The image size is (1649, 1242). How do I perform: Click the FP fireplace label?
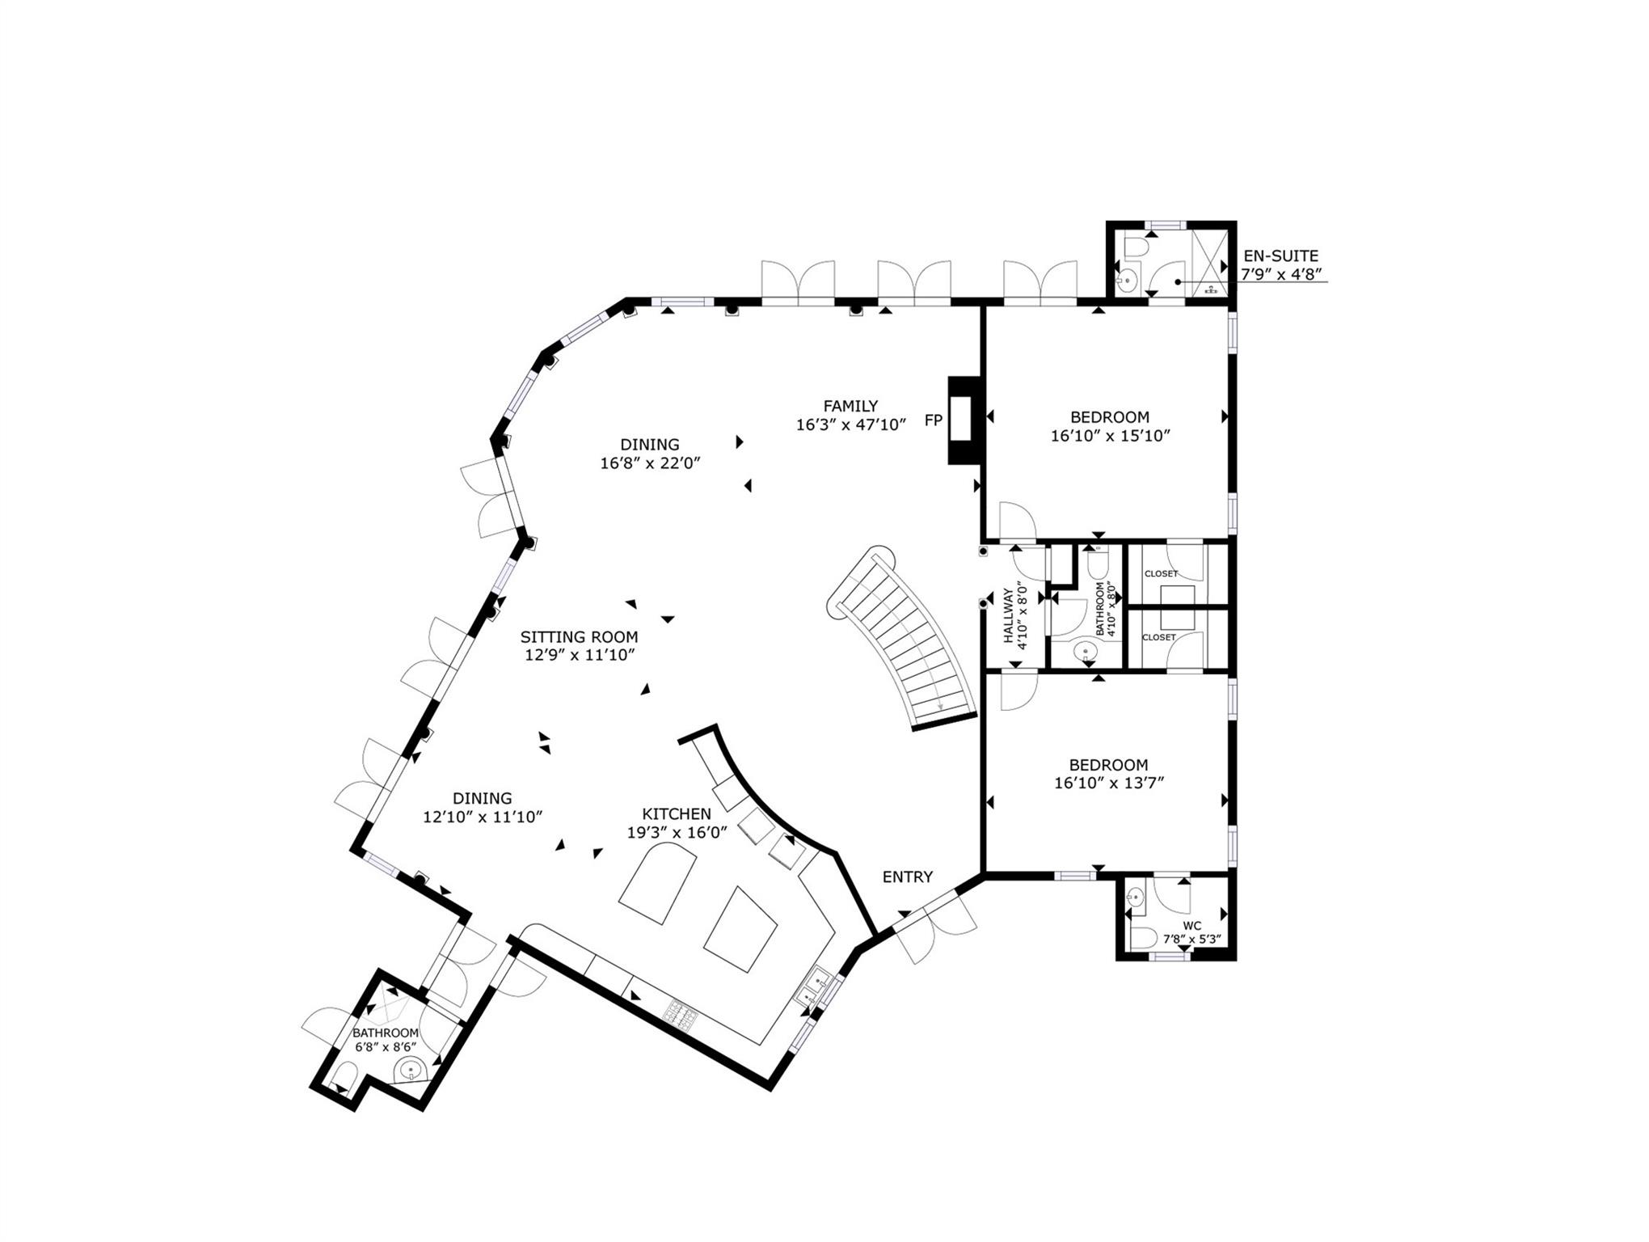tap(933, 420)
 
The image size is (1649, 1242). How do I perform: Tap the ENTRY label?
tap(907, 877)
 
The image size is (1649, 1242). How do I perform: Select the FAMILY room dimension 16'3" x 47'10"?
tap(850, 425)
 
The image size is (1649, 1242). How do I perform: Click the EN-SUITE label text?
tap(1280, 256)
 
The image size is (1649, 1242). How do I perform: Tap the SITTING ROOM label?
tap(579, 637)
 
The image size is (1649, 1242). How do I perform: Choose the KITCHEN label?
tap(677, 814)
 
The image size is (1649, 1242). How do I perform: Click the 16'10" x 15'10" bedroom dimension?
tap(1110, 437)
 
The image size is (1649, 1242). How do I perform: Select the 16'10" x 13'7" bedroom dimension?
tap(1108, 783)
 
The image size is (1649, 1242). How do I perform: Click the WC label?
tap(1191, 926)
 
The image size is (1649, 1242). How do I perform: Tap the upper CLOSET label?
tap(1161, 573)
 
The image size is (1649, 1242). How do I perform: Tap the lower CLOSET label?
tap(1158, 637)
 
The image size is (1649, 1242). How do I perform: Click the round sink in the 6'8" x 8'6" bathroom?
tap(410, 1071)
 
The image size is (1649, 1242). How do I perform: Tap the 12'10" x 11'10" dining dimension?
tap(482, 817)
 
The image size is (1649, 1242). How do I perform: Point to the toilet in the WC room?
tap(1143, 938)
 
